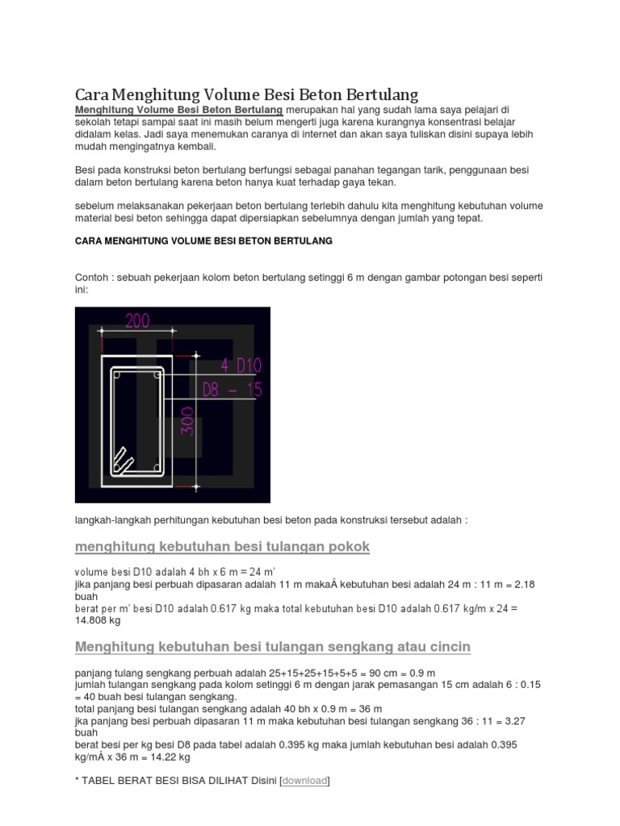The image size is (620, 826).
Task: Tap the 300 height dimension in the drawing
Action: [x=187, y=420]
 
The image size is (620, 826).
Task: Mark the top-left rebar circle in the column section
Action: [x=116, y=375]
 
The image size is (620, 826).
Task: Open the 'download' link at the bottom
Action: [x=304, y=781]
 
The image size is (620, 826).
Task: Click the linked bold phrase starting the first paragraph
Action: [x=178, y=109]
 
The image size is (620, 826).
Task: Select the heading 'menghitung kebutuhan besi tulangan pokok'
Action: [x=222, y=547]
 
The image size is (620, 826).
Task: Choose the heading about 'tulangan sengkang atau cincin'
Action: [x=272, y=647]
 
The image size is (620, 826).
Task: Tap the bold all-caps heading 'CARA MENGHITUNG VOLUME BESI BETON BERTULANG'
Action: [x=203, y=241]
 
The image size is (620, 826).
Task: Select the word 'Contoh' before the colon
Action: [x=92, y=277]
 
